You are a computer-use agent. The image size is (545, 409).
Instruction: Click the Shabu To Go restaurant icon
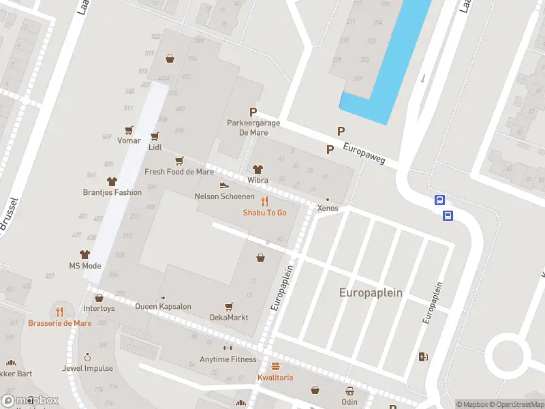pyautogui.click(x=264, y=201)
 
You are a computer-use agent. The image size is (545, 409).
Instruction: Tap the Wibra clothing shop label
pyautogui.click(x=258, y=181)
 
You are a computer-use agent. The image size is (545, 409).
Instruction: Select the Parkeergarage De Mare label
pyautogui.click(x=247, y=128)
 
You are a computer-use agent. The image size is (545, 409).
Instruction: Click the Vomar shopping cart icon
pyautogui.click(x=128, y=130)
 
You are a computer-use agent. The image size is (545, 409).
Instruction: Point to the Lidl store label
pyautogui.click(x=155, y=147)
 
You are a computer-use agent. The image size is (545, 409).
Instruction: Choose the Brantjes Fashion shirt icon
pyautogui.click(x=112, y=181)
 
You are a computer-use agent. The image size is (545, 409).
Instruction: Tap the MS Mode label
pyautogui.click(x=85, y=266)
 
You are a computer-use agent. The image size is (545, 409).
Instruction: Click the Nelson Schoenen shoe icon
pyautogui.click(x=223, y=185)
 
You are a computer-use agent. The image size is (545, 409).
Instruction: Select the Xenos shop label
pyautogui.click(x=328, y=208)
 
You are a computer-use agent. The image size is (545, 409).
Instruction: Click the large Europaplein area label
pyautogui.click(x=371, y=292)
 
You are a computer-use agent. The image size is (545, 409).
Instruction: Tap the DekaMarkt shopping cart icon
pyautogui.click(x=229, y=307)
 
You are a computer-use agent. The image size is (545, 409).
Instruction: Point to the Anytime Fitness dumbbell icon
pyautogui.click(x=228, y=348)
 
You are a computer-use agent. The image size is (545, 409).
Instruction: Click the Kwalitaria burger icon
pyautogui.click(x=275, y=366)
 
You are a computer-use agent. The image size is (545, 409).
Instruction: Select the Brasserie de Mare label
pyautogui.click(x=60, y=323)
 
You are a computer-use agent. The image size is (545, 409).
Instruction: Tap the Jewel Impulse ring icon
pyautogui.click(x=87, y=357)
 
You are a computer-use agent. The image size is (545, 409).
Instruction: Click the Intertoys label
pyautogui.click(x=99, y=308)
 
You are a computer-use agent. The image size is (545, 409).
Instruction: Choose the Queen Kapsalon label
pyautogui.click(x=163, y=307)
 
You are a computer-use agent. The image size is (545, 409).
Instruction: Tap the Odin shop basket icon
pyautogui.click(x=349, y=391)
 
